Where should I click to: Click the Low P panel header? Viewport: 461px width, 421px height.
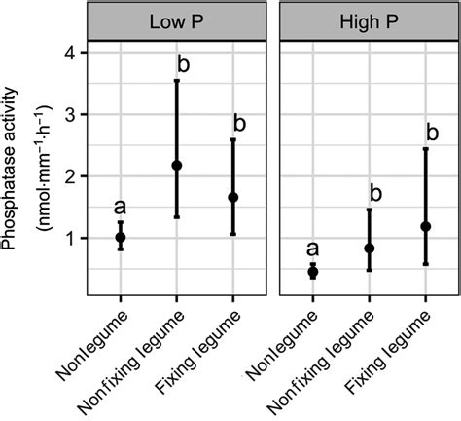coord(176,19)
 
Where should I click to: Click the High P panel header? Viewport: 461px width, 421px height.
coord(370,19)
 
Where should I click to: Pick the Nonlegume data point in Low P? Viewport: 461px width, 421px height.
coord(120,237)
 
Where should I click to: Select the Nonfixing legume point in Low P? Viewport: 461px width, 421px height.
coord(176,166)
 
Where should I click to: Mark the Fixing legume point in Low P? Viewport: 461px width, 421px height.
coord(232,197)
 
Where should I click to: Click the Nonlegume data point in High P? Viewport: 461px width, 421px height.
coord(313,272)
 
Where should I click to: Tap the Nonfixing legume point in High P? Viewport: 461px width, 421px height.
coord(370,249)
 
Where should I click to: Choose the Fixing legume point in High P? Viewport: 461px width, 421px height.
coord(426,226)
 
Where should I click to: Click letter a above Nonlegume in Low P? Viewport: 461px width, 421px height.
coord(120,207)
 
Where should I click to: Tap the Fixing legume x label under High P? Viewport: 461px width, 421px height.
coord(399,347)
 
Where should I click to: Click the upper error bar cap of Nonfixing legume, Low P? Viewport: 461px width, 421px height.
coord(176,81)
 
